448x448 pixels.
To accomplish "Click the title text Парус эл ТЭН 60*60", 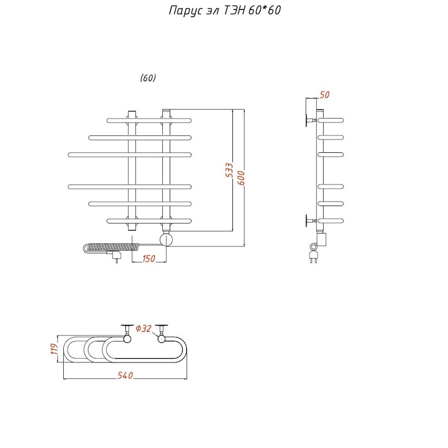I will click(x=224, y=11).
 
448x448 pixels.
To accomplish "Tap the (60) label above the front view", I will click(x=148, y=78).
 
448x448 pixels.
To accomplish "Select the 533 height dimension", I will click(x=228, y=171).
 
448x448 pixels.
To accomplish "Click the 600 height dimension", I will click(x=241, y=177).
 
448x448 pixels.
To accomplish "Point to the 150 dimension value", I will click(x=149, y=258).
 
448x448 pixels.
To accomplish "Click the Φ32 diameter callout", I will click(x=143, y=329).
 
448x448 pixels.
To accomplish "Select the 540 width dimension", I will click(x=125, y=375).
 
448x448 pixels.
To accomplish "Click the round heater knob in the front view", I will click(x=166, y=240).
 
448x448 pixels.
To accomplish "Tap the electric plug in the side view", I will click(x=314, y=257).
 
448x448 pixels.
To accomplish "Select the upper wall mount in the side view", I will click(x=309, y=120).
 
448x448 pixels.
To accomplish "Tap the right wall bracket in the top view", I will click(x=161, y=330).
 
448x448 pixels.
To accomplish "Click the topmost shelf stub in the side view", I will click(x=331, y=120).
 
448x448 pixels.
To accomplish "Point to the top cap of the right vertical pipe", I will click(x=166, y=111).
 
